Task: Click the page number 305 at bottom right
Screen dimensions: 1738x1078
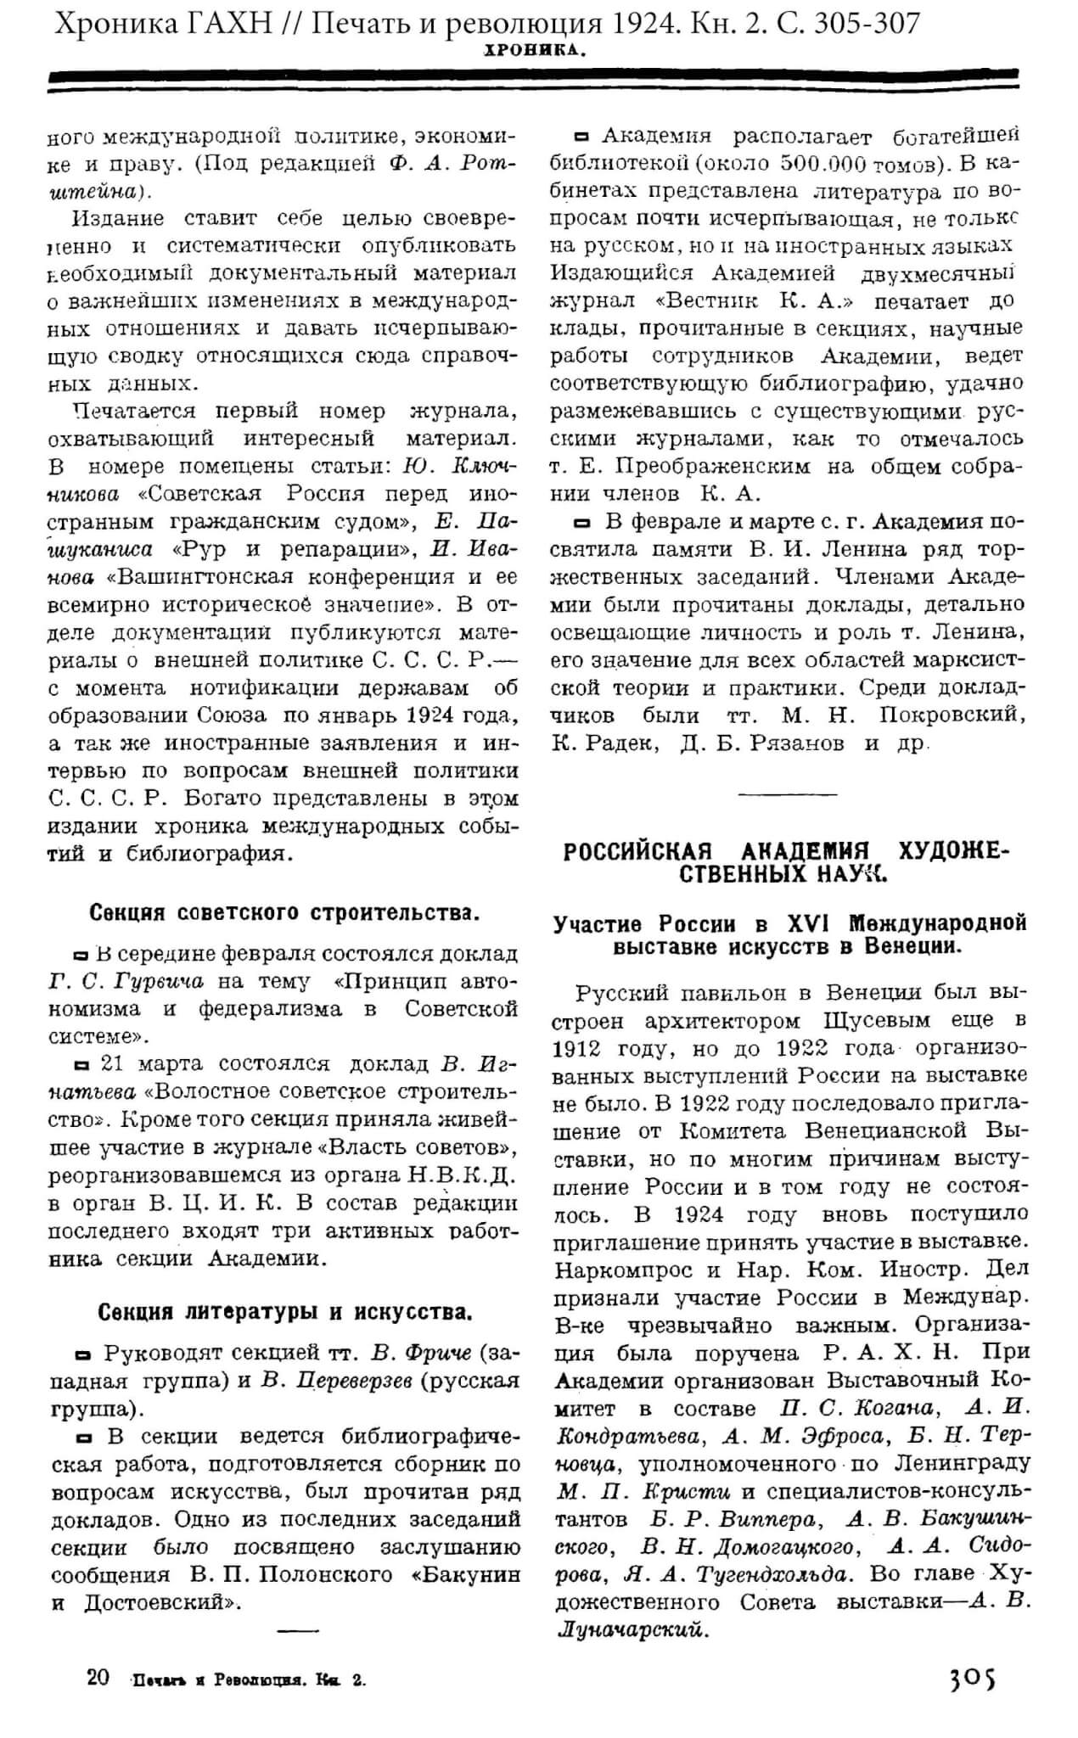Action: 972,1678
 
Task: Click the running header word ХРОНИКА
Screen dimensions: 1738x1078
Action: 536,51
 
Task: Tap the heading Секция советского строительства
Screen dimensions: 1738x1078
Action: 285,913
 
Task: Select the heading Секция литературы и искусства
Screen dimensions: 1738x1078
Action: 285,1312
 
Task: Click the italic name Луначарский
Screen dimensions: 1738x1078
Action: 632,1630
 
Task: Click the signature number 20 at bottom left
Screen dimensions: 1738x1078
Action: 98,1678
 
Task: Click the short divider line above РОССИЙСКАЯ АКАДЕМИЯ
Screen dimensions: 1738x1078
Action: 789,794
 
